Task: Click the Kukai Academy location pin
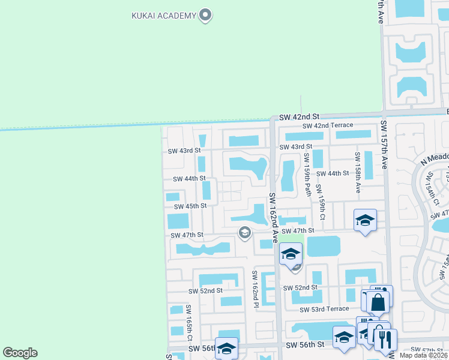click(206, 15)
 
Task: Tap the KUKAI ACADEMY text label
click(164, 15)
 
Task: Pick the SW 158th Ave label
click(357, 172)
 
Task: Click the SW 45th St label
click(190, 206)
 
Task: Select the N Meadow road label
click(435, 157)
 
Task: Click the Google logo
click(20, 353)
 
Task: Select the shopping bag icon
click(378, 302)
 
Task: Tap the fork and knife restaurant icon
click(386, 340)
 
